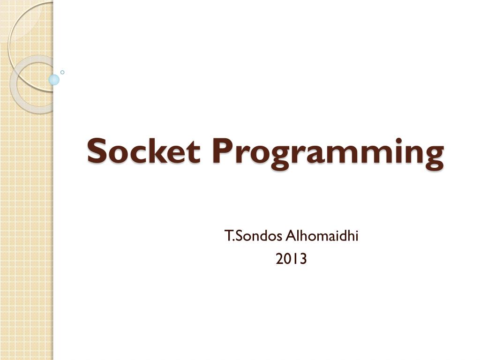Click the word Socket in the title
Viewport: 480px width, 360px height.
pos(144,150)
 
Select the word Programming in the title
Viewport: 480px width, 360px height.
pos(328,153)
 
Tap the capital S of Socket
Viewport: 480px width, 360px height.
pos(97,150)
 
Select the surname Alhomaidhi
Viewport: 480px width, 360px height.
pos(322,236)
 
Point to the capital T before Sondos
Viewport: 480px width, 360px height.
pos(228,236)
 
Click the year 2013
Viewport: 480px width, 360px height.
pos(291,259)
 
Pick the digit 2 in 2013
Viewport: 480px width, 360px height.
pos(279,259)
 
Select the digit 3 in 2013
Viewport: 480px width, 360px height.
pos(302,259)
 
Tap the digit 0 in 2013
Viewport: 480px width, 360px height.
pos(288,259)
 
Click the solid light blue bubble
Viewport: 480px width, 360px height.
pos(54,80)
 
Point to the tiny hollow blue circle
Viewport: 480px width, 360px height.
pos(62,72)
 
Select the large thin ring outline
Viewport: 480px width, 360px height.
pos(9,46)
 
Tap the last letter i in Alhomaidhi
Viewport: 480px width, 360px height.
pos(357,236)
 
